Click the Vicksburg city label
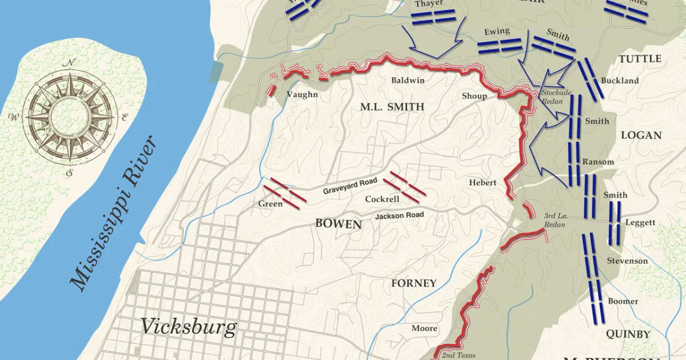[x=188, y=327]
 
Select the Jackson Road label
[x=399, y=215]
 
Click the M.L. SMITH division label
[x=392, y=107]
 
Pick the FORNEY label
[x=414, y=283]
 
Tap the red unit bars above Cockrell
[x=404, y=183]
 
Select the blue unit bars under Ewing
[x=500, y=46]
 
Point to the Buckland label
[x=620, y=81]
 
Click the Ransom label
[x=598, y=162]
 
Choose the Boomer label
[x=623, y=301]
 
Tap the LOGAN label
[x=641, y=135]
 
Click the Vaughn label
[x=301, y=95]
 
